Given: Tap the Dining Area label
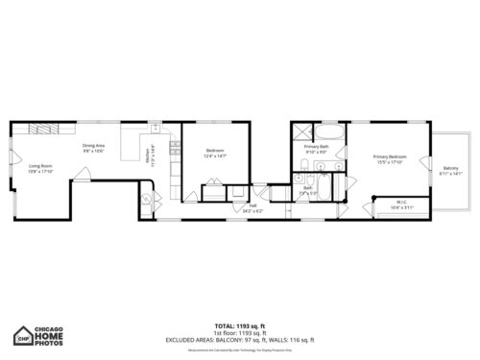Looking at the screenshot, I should (x=93, y=146).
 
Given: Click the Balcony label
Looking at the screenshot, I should (x=450, y=169).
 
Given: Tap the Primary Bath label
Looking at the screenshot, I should (x=317, y=146).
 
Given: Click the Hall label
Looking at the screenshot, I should (x=253, y=204).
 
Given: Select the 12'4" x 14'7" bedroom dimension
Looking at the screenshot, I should (x=215, y=156).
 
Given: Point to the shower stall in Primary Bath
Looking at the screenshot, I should (x=302, y=132).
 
